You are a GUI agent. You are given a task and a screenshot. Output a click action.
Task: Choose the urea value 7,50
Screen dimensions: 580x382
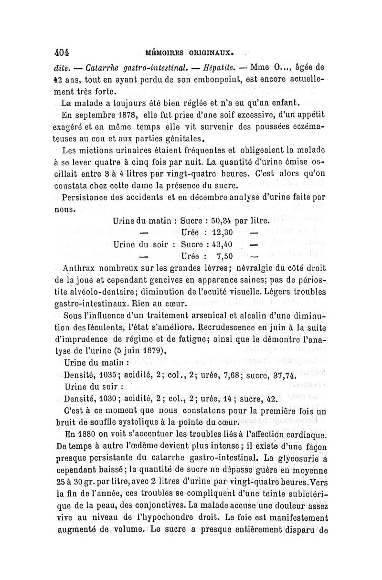[x=222, y=256]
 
